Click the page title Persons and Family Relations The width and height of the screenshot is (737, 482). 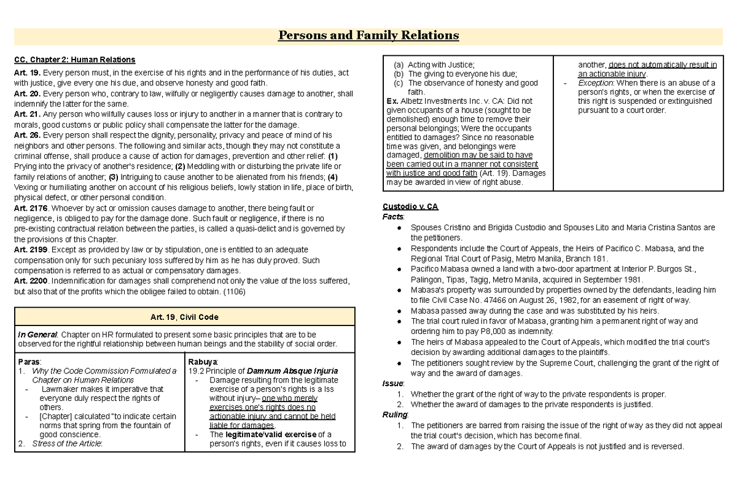(x=368, y=35)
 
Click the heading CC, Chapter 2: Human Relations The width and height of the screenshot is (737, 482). (x=74, y=60)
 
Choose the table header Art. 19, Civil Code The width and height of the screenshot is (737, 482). (x=184, y=317)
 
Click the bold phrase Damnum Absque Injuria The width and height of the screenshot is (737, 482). (x=292, y=371)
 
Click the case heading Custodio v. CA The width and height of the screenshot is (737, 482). (x=410, y=206)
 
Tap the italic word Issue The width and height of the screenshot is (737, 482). (x=392, y=383)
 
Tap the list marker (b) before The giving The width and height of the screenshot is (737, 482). (x=399, y=73)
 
